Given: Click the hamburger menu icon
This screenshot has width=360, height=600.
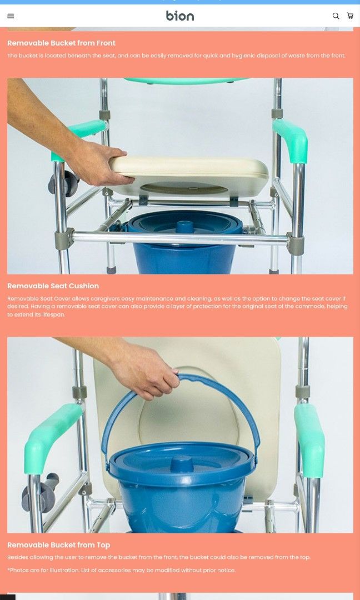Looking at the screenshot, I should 11,16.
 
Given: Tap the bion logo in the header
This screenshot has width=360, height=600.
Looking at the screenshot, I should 180,16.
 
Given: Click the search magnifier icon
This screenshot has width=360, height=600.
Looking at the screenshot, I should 336,16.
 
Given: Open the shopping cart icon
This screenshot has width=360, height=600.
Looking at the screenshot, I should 350,16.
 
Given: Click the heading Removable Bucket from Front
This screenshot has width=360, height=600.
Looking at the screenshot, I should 61,43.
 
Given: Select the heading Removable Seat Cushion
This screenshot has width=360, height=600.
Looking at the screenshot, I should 53,286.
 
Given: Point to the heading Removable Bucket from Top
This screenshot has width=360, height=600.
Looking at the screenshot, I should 58,545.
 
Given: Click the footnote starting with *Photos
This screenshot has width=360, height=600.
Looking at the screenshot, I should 121,570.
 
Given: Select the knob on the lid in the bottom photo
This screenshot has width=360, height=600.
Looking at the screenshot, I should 181,462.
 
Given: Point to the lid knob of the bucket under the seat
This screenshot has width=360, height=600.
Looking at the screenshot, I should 184,226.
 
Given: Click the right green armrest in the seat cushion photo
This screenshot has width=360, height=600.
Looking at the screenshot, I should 292,141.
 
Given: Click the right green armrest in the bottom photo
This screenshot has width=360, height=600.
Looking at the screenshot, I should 309,439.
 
